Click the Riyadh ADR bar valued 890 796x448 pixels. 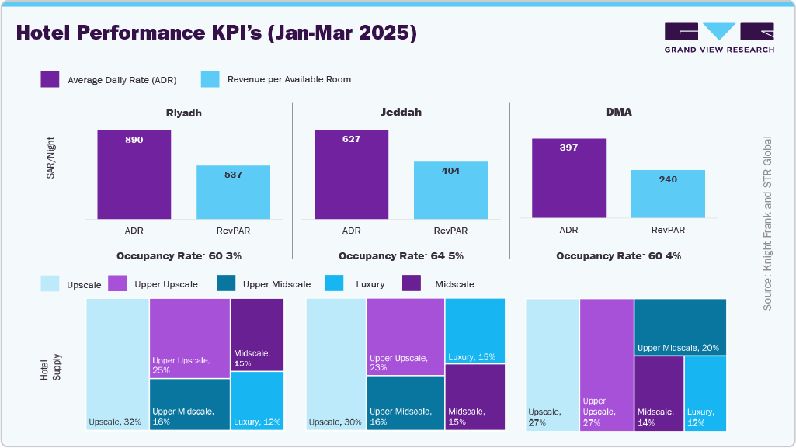click(134, 175)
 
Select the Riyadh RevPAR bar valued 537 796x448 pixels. click(233, 193)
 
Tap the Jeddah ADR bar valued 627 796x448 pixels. click(351, 175)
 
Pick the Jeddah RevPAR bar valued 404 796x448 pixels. click(450, 190)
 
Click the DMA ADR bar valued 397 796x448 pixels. click(568, 179)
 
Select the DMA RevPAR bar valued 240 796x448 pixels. click(668, 194)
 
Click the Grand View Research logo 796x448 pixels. click(719, 37)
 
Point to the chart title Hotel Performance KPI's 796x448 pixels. click(216, 33)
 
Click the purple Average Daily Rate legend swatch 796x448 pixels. click(50, 79)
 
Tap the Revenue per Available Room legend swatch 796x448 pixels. click(210, 79)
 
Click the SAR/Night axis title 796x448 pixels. click(50, 159)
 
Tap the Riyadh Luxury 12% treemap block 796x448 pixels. click(257, 400)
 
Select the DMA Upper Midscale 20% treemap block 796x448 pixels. click(680, 326)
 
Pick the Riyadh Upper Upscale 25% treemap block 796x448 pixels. click(189, 338)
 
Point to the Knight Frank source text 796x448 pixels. click(767, 224)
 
